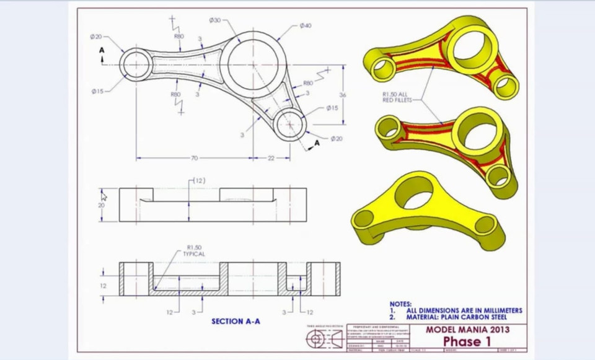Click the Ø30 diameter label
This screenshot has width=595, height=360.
tap(214, 20)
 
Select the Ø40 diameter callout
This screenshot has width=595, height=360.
tap(306, 25)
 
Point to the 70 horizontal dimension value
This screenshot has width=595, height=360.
tap(194, 158)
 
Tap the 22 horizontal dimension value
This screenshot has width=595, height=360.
tap(271, 158)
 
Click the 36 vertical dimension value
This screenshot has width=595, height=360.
tap(342, 95)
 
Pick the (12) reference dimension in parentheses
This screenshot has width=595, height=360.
tap(198, 180)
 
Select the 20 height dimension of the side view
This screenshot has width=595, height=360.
tap(102, 205)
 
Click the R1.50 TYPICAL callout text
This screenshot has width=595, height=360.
tap(193, 250)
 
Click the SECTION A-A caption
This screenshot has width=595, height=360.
tap(236, 321)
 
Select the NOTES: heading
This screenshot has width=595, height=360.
tap(400, 304)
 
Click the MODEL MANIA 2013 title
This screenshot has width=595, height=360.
tap(467, 330)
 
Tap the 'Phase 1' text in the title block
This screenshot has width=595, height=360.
tap(467, 341)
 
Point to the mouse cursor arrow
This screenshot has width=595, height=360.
tap(104, 196)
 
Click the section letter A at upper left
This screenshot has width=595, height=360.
tap(102, 50)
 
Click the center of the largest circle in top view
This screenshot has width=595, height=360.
tap(253, 64)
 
